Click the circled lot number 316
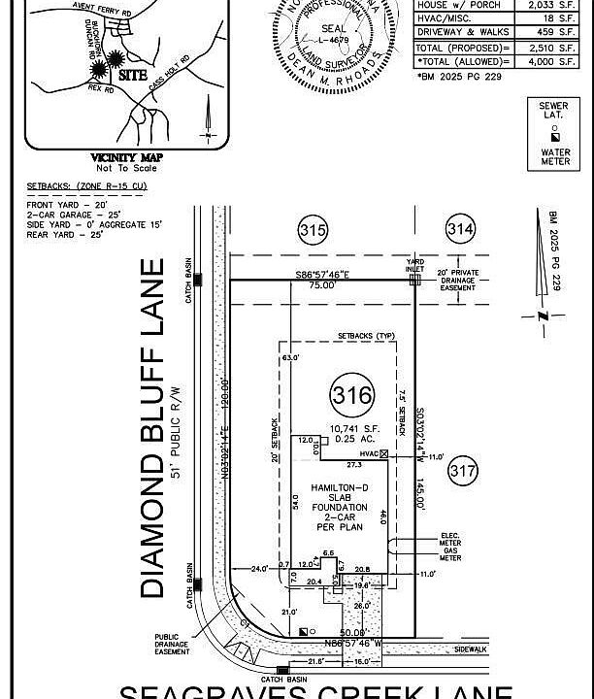[351, 395]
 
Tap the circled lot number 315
[313, 231]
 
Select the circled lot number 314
[461, 230]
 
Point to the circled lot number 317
[464, 472]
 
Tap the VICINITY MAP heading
[126, 157]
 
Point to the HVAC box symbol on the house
[384, 454]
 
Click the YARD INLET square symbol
[414, 279]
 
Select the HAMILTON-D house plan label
[340, 487]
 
